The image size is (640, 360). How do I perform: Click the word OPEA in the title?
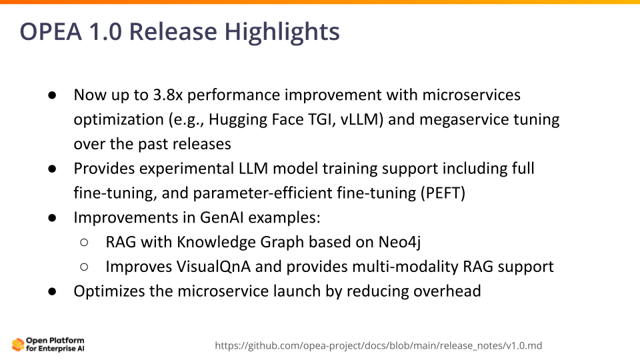51,31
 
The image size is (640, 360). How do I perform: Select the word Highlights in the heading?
282,32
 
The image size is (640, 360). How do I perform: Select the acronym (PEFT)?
443,193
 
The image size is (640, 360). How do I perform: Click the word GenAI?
221,217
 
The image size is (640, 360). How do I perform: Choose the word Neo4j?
399,242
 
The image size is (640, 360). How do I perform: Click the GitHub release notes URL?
379,346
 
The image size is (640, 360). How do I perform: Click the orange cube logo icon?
18,345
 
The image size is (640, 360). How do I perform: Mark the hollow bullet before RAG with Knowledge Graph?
84,243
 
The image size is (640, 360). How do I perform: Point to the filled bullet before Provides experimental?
52,169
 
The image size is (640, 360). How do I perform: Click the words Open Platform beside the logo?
55,341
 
